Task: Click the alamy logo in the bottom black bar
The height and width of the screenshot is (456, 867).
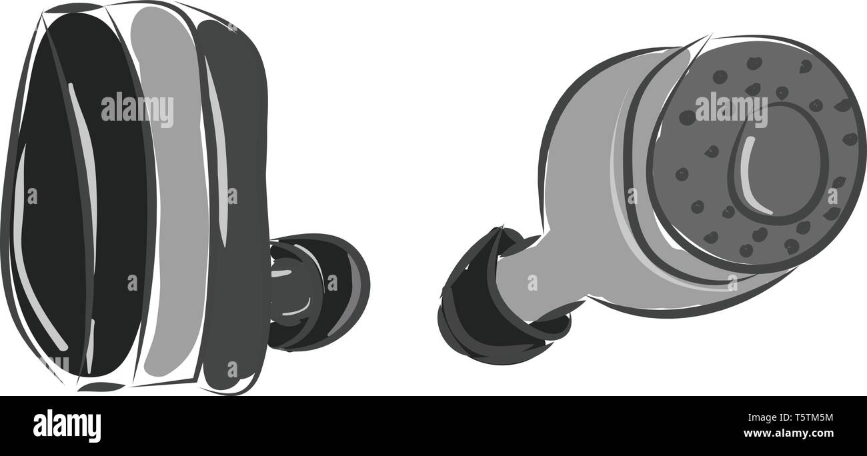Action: coord(67,425)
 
